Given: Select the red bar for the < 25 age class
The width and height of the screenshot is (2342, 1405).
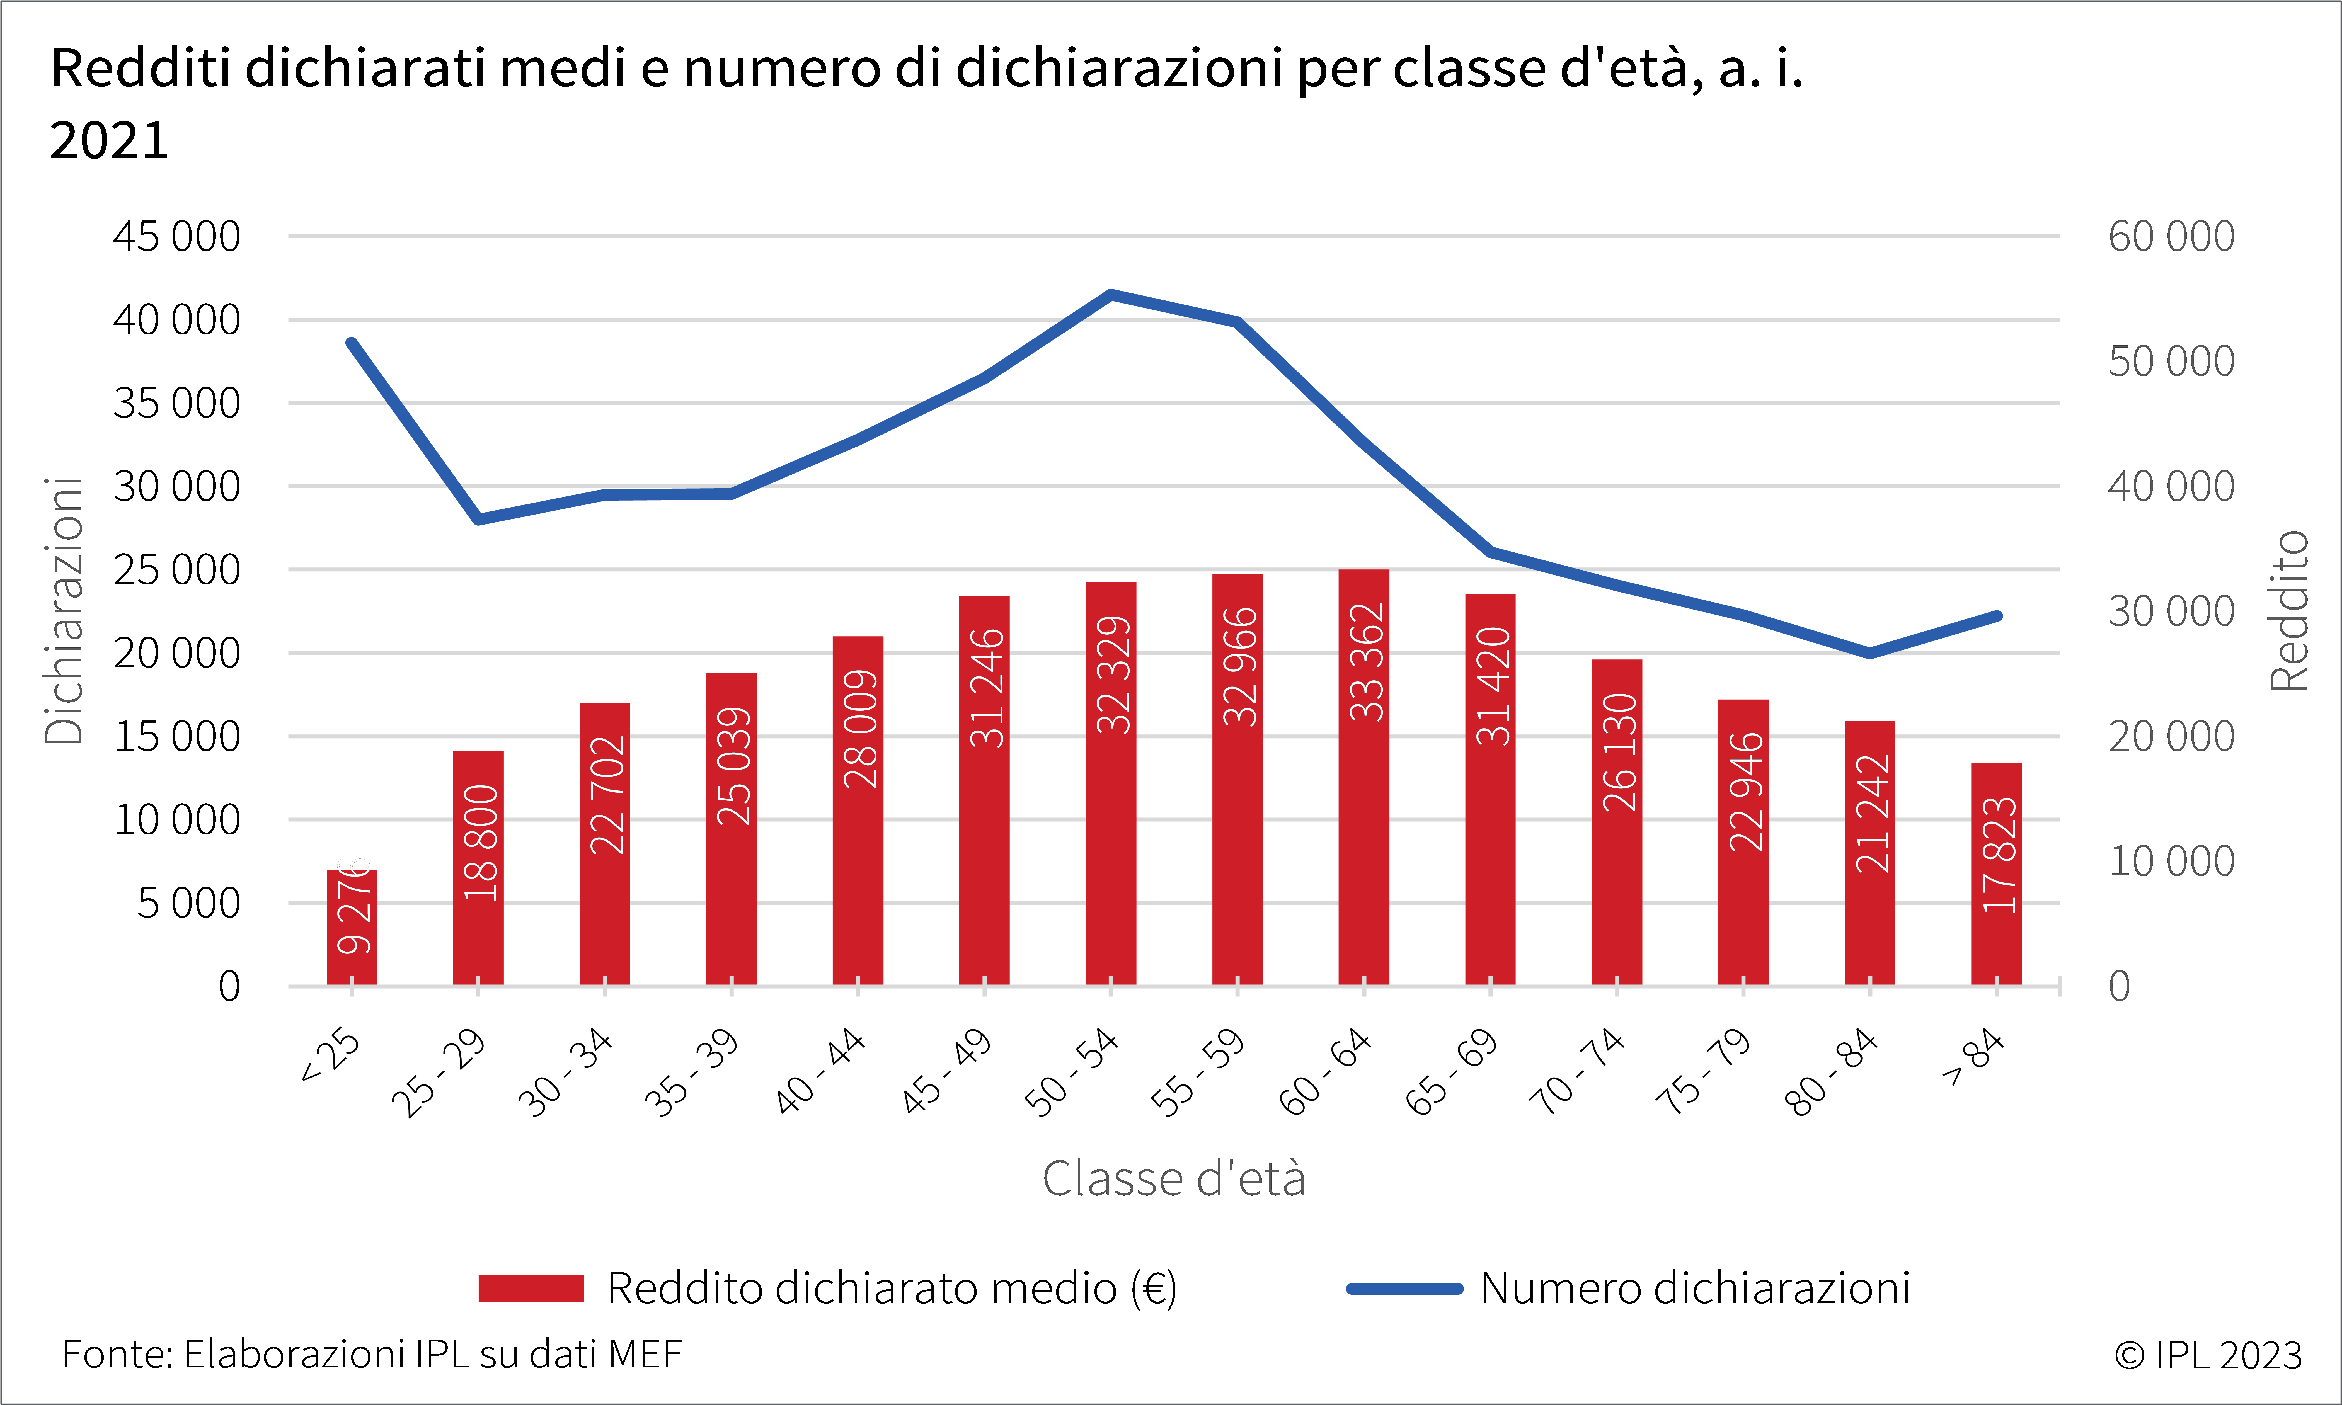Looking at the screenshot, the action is (x=351, y=928).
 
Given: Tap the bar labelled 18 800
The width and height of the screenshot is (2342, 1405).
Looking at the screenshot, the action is (x=478, y=868).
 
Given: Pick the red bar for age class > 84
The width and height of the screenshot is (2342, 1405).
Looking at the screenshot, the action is (x=1996, y=874).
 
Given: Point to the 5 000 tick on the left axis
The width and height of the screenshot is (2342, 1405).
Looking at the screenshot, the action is (x=188, y=903).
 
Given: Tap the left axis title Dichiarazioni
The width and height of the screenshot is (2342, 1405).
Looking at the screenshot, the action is (x=64, y=611).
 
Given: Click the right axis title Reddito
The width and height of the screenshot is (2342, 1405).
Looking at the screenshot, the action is (x=2290, y=611).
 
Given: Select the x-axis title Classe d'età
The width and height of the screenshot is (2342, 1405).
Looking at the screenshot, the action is (x=1174, y=1179).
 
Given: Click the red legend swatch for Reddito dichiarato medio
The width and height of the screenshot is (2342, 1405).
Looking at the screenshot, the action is (x=531, y=1288).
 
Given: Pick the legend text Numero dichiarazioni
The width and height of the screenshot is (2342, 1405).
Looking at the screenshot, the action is (x=1695, y=1288).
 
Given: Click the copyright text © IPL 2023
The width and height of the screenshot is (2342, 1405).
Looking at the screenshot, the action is (x=2208, y=1355).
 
